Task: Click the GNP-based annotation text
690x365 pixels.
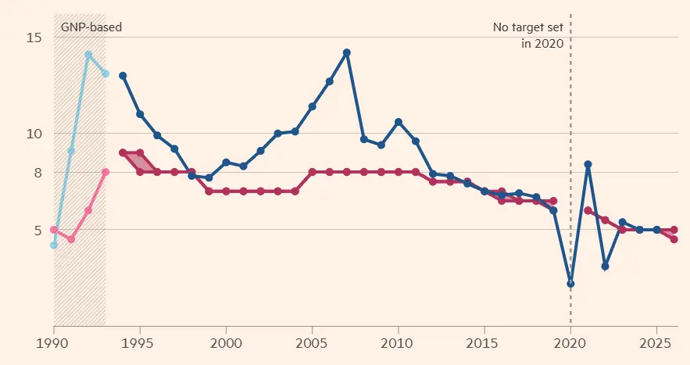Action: pyautogui.click(x=91, y=27)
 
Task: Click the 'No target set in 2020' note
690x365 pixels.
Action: pyautogui.click(x=527, y=36)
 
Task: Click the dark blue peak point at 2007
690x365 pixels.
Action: pyautogui.click(x=347, y=52)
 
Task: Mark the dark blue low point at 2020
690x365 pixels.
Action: pyautogui.click(x=570, y=284)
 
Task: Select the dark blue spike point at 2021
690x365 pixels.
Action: pyautogui.click(x=588, y=164)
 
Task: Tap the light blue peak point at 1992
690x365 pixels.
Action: pyautogui.click(x=88, y=55)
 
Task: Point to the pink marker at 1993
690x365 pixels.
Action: pyautogui.click(x=105, y=172)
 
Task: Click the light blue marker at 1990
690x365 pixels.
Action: pyautogui.click(x=54, y=245)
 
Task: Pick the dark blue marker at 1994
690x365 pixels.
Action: pyautogui.click(x=123, y=75)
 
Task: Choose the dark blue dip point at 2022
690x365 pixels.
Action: pyautogui.click(x=605, y=267)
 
